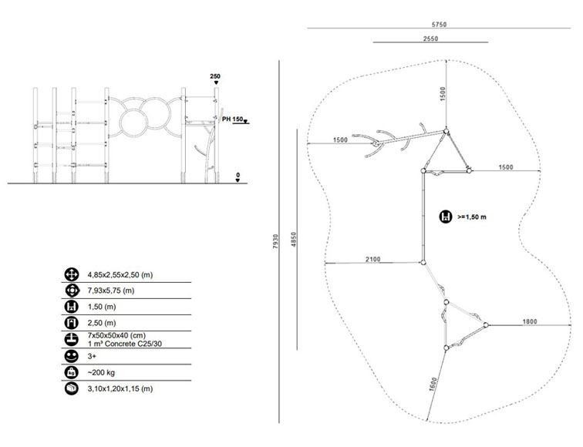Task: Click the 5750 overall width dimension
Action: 439,25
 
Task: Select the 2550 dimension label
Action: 430,39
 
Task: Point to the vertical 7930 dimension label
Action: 275,241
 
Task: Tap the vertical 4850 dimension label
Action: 294,240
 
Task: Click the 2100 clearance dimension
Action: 373,259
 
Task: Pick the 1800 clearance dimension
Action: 530,321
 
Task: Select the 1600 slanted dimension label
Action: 433,385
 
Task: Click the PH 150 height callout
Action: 232,119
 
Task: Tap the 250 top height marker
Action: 215,76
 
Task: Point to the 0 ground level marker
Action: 238,175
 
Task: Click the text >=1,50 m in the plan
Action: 472,217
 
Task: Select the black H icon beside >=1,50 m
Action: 446,217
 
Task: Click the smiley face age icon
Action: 72,356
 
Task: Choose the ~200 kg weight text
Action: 101,373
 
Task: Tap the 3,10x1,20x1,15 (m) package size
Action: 120,389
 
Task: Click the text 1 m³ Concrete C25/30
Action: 125,344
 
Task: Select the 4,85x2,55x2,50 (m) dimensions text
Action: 120,275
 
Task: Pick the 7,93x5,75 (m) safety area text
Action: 111,291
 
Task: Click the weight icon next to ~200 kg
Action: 72,372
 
